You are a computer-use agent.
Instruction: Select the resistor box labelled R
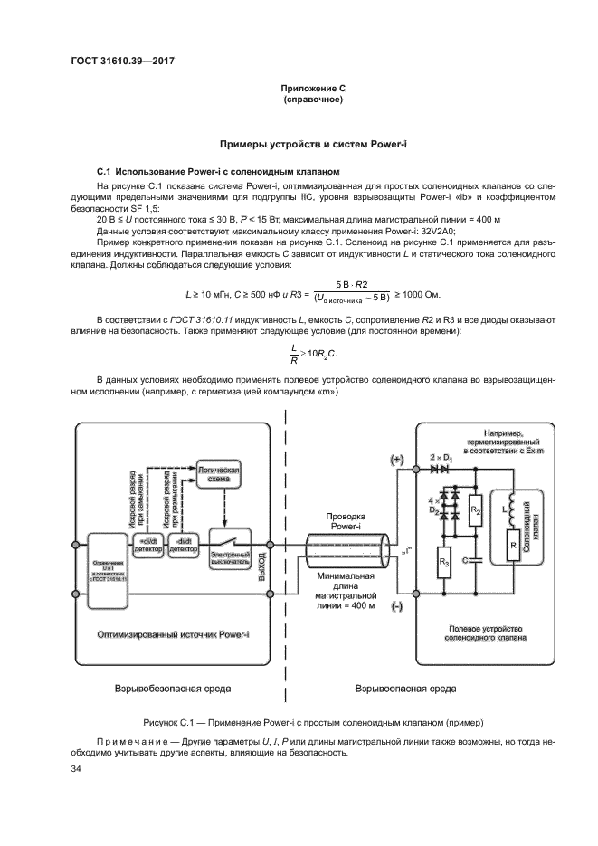514,546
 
